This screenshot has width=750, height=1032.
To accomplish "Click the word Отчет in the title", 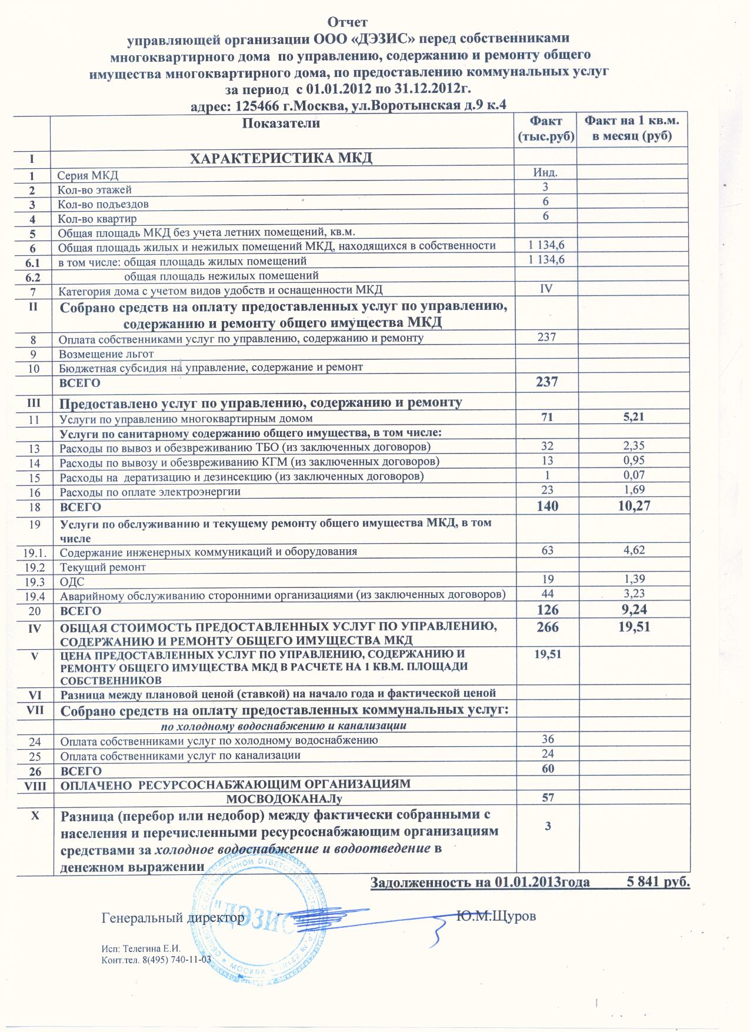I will pos(347,22).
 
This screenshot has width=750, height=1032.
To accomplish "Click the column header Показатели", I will pos(281,123).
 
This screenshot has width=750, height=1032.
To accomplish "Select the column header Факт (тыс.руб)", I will pos(546,129).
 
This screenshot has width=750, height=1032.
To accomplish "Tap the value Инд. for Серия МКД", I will pos(545,172).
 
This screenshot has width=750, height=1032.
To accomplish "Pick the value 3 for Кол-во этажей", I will pos(545,187).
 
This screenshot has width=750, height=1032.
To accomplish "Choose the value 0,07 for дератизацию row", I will pos(633,475).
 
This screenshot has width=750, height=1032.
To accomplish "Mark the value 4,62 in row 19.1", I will pos(633,550).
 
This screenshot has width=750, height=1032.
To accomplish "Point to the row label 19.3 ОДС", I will pos(72,582).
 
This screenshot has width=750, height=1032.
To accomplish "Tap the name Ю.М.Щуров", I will pos(496,916).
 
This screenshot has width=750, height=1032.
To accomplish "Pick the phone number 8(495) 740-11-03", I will pos(176,960).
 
